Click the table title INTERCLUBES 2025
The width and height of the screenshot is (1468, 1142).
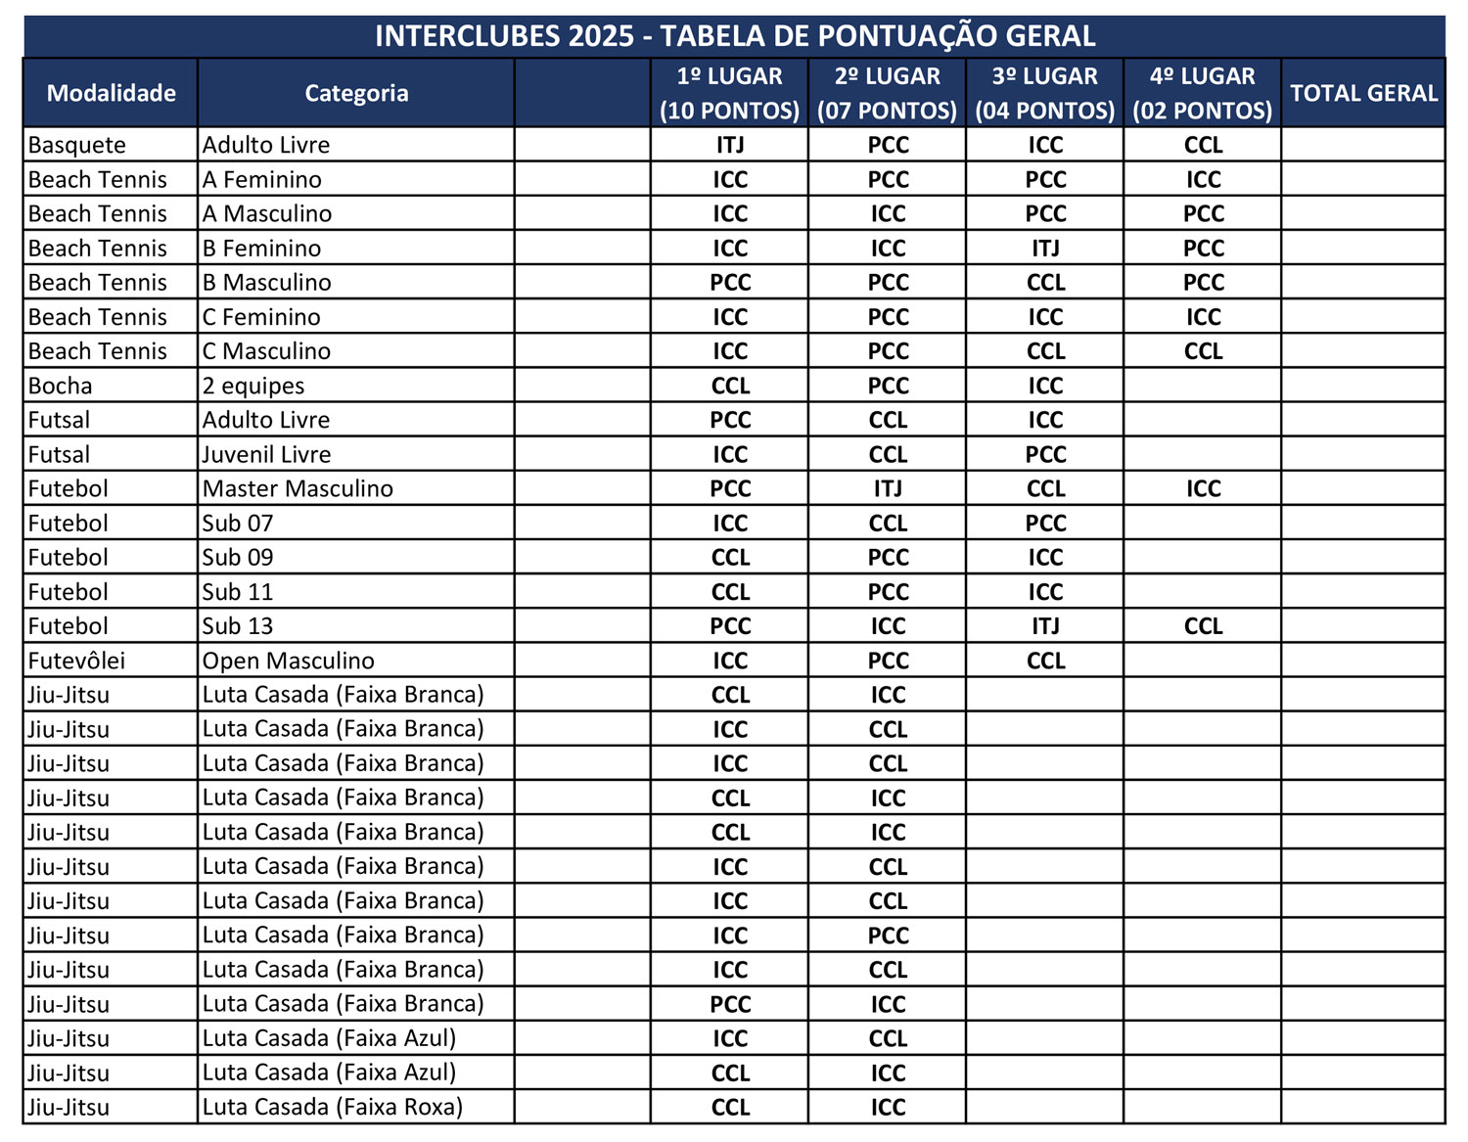734,36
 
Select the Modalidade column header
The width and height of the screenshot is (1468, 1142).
111,93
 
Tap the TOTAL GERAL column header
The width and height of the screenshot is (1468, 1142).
1362,93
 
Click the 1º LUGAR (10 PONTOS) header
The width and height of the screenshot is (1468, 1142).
729,93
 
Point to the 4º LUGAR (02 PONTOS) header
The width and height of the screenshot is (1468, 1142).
1202,93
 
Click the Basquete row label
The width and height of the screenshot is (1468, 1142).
77,145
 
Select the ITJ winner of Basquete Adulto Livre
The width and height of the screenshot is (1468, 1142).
730,145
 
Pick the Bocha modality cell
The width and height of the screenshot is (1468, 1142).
61,386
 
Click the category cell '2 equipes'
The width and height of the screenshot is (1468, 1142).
253,386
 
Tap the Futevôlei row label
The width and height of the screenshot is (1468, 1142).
76,661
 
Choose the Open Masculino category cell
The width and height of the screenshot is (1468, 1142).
288,661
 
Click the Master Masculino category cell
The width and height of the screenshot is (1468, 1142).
298,488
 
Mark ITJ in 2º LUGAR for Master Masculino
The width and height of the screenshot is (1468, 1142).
888,488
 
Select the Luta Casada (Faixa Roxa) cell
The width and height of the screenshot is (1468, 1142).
332,1107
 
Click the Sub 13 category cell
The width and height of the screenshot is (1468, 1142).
238,626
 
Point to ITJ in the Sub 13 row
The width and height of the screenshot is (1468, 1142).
1045,626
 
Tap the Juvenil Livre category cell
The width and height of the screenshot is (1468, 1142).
266,454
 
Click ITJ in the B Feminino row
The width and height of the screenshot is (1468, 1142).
1045,249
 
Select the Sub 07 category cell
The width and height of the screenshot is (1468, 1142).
238,524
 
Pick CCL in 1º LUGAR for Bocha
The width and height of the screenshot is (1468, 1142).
730,386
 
